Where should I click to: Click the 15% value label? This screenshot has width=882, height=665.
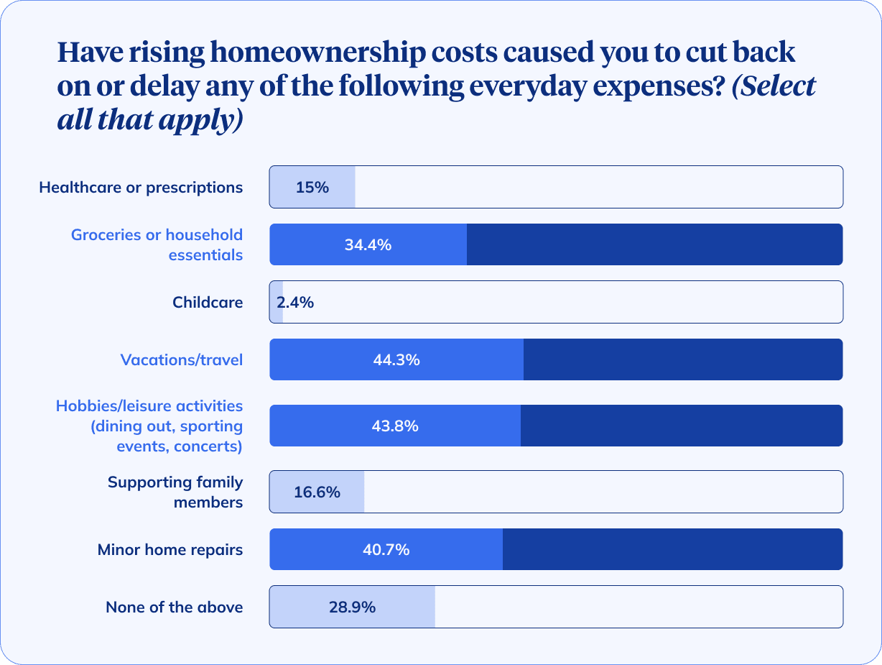(312, 188)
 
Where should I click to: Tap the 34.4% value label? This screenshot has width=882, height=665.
(368, 245)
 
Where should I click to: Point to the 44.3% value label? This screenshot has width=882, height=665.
(396, 360)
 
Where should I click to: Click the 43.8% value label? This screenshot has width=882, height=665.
(395, 426)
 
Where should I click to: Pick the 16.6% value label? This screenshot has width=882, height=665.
(317, 492)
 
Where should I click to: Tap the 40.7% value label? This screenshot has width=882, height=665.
(386, 550)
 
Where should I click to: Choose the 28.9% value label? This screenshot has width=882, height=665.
(352, 607)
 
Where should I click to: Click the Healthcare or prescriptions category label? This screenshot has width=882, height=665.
(141, 188)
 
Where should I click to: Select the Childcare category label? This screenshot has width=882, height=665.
(208, 303)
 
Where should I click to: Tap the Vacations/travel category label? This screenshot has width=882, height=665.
(182, 360)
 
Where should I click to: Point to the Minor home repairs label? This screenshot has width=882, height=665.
(170, 550)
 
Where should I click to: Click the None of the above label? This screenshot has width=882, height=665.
(175, 607)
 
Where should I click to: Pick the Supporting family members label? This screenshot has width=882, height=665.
(175, 492)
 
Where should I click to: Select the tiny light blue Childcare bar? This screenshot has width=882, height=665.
(276, 303)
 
